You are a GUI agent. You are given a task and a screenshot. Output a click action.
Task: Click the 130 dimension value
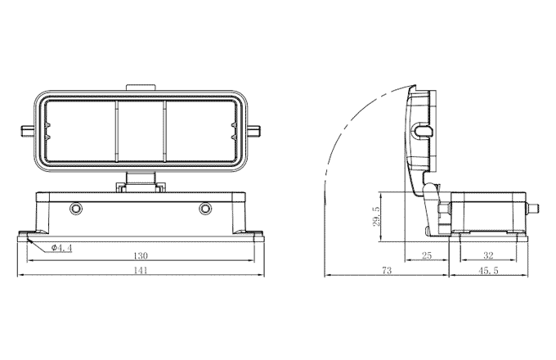(x=141, y=255)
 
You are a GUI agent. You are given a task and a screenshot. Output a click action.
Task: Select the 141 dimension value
(x=141, y=270)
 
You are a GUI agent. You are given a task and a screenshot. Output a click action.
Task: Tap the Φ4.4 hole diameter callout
(x=61, y=248)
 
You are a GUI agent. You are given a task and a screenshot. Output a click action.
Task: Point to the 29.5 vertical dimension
(x=377, y=217)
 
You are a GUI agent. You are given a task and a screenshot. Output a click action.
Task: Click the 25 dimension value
(x=427, y=255)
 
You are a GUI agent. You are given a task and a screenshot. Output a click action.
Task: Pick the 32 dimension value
(x=488, y=255)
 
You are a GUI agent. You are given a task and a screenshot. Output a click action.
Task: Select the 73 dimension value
(x=387, y=270)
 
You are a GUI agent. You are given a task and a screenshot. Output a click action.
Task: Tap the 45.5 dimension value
(x=488, y=270)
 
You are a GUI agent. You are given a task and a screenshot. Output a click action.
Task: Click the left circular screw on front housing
(x=75, y=208)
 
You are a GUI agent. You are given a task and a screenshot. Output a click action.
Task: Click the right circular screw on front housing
(x=205, y=208)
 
